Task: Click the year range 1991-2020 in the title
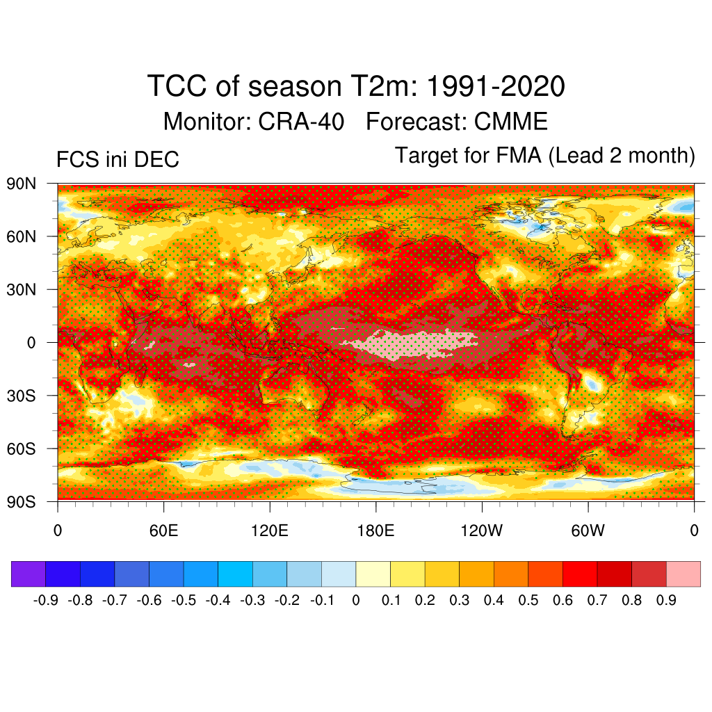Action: pos(494,87)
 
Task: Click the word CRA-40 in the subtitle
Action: pos(301,122)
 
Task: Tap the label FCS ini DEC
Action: pos(118,160)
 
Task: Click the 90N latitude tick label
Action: pos(22,184)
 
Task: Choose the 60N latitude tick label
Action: pos(22,237)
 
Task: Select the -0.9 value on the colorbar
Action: pos(45,600)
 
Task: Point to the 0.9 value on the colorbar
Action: pos(666,600)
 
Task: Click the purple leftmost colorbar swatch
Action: pos(29,574)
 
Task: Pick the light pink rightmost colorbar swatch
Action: pos(683,574)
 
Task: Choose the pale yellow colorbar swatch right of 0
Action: pos(373,574)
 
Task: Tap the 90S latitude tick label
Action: pos(22,501)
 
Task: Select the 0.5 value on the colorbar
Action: pos(528,600)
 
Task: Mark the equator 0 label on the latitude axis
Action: pos(32,342)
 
